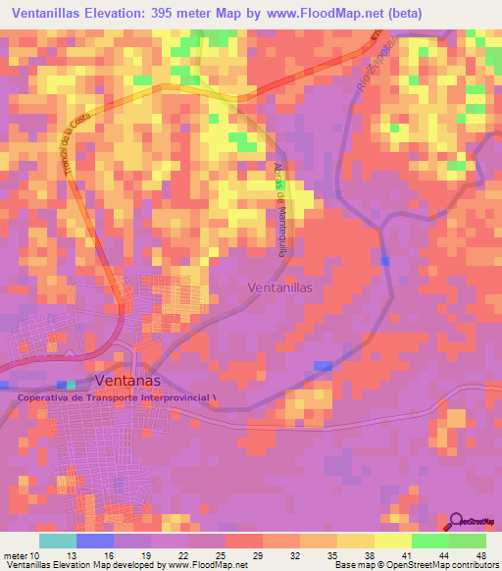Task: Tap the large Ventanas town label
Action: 127,381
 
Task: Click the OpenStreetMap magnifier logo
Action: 457,521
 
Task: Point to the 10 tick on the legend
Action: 39,554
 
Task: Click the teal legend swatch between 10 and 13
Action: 58,540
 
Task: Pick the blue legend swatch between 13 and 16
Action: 95,540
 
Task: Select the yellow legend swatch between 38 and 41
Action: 392,540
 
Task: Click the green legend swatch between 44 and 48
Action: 467,540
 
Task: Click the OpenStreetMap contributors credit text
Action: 445,565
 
